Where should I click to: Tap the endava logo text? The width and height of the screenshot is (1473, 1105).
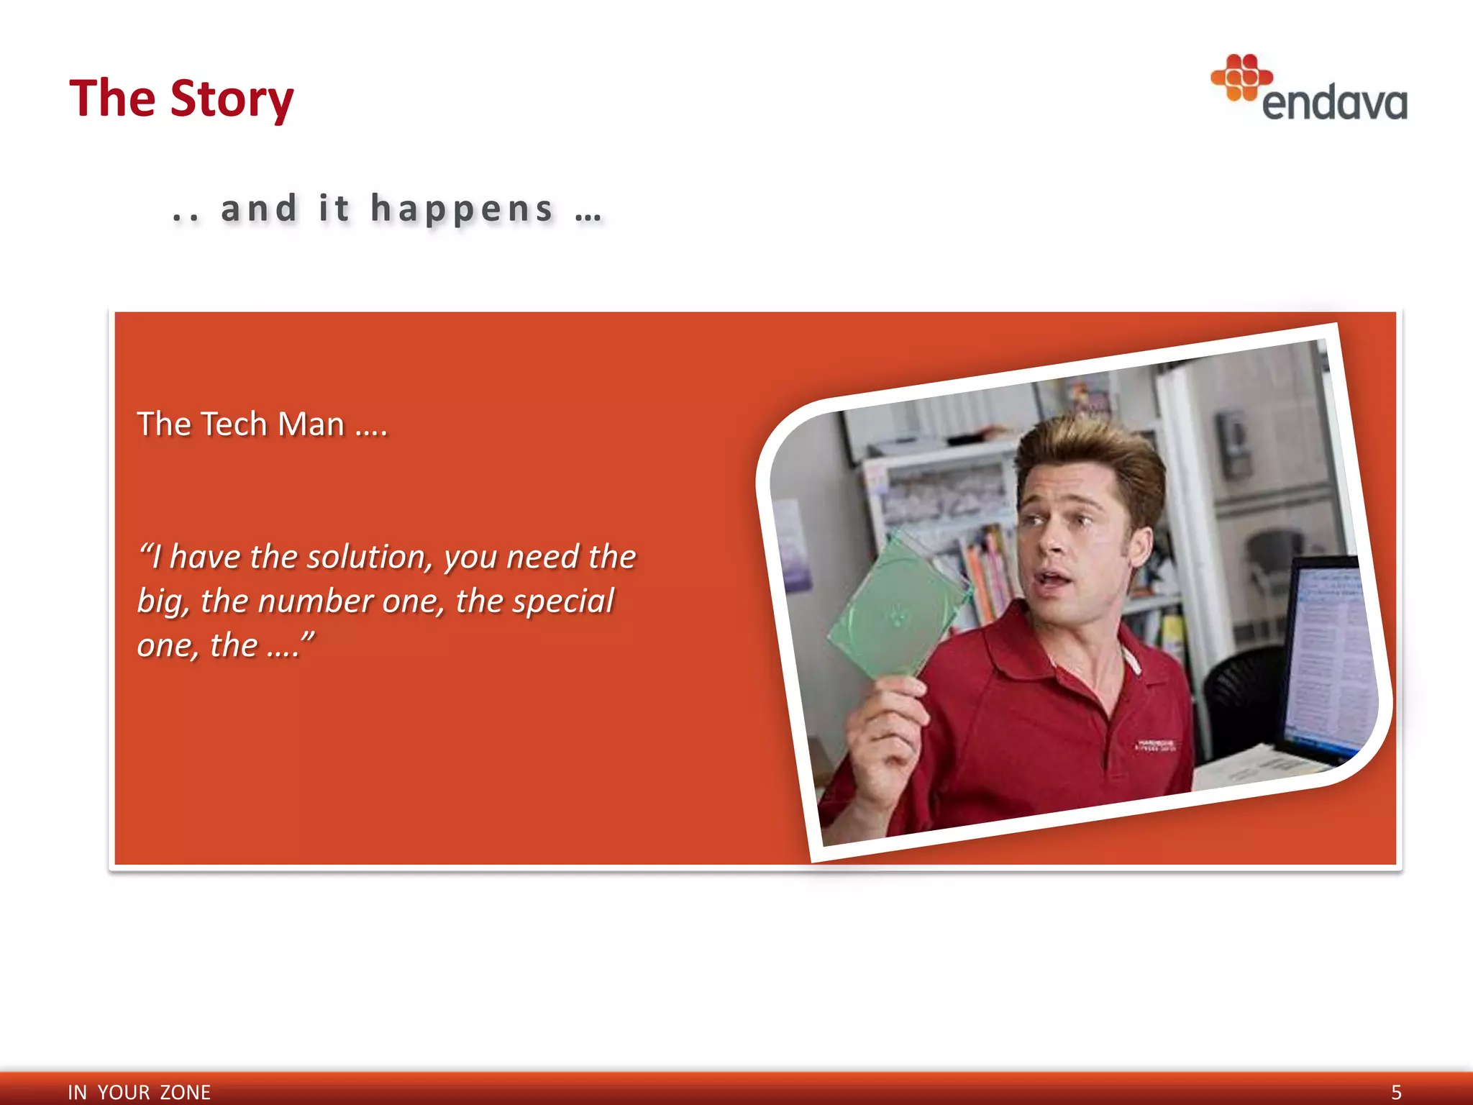(1334, 104)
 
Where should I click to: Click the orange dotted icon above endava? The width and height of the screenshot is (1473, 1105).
(1241, 77)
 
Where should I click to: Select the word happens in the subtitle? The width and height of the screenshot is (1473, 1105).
(462, 209)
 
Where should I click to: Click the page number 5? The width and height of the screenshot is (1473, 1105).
(1396, 1092)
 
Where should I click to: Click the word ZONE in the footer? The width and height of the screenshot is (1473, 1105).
(185, 1092)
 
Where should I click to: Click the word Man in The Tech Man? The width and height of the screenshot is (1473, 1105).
(311, 424)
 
